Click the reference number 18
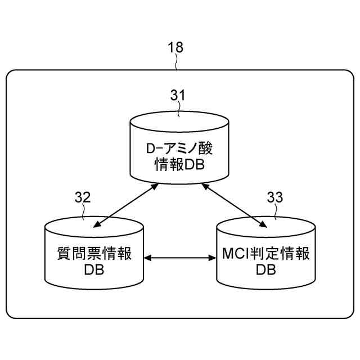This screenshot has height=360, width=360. [x=176, y=47]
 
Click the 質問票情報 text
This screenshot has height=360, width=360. [x=94, y=254]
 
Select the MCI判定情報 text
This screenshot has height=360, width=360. [x=265, y=254]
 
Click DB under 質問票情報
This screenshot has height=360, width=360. [x=94, y=270]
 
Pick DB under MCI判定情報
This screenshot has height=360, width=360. [x=265, y=270]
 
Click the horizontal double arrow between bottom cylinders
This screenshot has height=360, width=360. [x=180, y=259]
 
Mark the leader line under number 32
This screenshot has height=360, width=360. [x=84, y=212]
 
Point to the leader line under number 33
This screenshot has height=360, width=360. [x=276, y=212]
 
